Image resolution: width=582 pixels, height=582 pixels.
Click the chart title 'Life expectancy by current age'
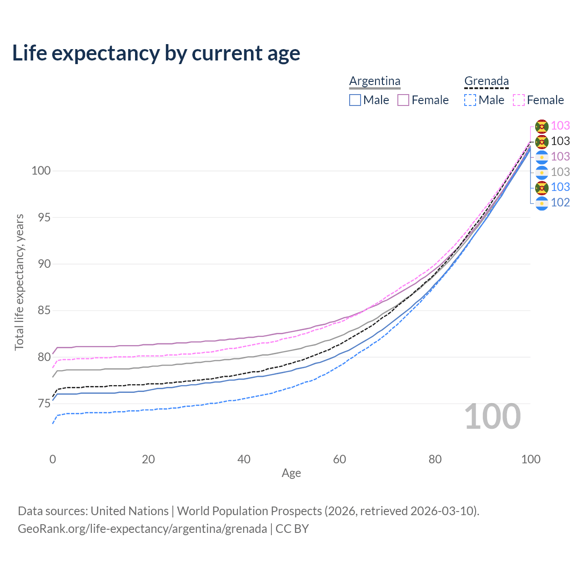coord(156,53)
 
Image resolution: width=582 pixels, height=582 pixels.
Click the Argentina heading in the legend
coord(375,81)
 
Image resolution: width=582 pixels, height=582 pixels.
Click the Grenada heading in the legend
coord(486,81)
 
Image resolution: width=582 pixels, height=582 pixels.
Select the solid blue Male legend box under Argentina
coord(355,100)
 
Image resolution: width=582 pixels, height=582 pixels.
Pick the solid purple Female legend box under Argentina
coord(403,100)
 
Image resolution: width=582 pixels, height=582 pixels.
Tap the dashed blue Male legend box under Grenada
coord(470,100)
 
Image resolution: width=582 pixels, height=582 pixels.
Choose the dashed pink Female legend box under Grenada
coord(519,100)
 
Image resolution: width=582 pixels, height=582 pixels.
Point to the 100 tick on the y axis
coord(41,171)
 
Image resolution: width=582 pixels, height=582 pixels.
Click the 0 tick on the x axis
coord(53,459)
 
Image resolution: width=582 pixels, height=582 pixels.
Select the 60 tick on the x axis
coord(340,459)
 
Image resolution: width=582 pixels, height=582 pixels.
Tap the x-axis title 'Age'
coord(291,473)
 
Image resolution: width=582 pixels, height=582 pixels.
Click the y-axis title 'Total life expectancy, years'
coord(19,282)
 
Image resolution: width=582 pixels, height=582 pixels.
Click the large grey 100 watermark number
coord(492,416)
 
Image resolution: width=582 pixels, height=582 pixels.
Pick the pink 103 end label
coord(560,125)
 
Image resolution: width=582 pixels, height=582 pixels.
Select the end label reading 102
coord(560,203)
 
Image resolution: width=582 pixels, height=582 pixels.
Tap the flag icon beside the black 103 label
coord(542,141)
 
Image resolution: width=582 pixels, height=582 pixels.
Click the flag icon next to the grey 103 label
coord(542,172)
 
